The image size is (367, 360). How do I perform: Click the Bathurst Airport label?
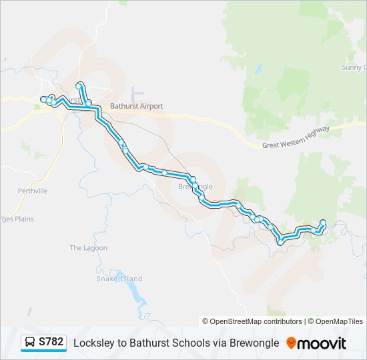pyautogui.click(x=136, y=106)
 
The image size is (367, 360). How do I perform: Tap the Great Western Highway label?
pyautogui.click(x=296, y=137)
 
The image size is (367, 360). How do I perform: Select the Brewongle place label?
pyautogui.click(x=196, y=186)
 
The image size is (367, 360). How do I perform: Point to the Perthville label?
pyautogui.click(x=33, y=191)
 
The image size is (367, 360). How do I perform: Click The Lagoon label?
pyautogui.click(x=88, y=248)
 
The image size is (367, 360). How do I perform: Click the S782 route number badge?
pyautogui.click(x=51, y=342)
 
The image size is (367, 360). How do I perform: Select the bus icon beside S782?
pyautogui.click(x=31, y=342)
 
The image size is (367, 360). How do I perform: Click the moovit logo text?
pyautogui.click(x=323, y=343)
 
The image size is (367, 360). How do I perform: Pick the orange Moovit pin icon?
pyautogui.click(x=291, y=343)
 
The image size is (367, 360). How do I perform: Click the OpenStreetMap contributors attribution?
pyautogui.click(x=252, y=321)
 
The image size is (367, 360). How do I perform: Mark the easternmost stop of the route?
pyautogui.click(x=323, y=223)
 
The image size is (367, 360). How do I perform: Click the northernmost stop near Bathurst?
pyautogui.click(x=79, y=85)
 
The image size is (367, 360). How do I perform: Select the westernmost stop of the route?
pyautogui.click(x=43, y=99)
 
